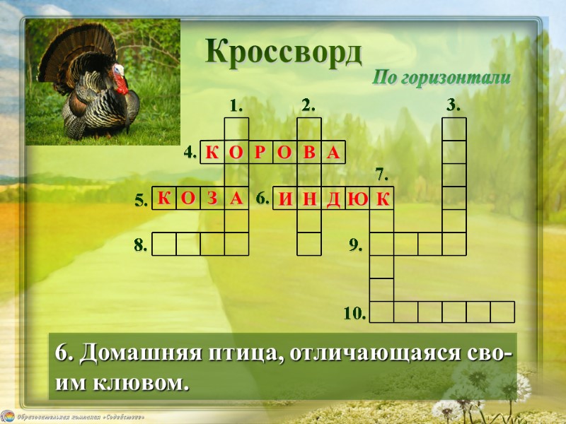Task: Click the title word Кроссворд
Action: pyautogui.click(x=284, y=52)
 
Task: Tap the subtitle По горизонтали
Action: pyautogui.click(x=441, y=78)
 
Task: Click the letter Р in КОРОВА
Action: pyautogui.click(x=260, y=153)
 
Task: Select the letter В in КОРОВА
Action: pyautogui.click(x=309, y=153)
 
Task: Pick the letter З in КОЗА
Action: pyautogui.click(x=212, y=199)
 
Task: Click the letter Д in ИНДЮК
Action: pyautogui.click(x=333, y=200)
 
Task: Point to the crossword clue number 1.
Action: pyautogui.click(x=236, y=106)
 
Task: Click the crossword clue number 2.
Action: pyautogui.click(x=308, y=106)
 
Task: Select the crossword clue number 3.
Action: pyautogui.click(x=454, y=106)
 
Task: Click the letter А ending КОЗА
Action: pyautogui.click(x=236, y=199)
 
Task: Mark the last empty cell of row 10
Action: pyautogui.click(x=502, y=312)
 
